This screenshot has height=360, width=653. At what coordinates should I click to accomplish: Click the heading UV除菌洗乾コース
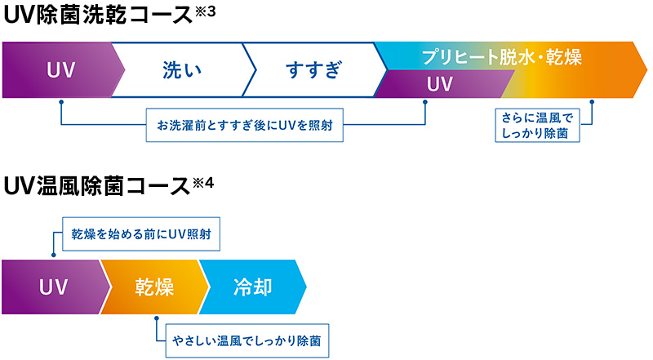(x=98, y=15)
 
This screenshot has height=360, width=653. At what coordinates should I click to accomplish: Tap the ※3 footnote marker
(x=205, y=11)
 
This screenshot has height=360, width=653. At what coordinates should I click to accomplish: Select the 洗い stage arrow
(x=183, y=69)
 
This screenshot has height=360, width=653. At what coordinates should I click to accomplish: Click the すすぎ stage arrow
(x=314, y=69)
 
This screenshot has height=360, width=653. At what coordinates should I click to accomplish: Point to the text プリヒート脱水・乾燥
(x=501, y=56)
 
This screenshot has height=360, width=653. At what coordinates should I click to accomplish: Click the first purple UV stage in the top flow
(x=63, y=69)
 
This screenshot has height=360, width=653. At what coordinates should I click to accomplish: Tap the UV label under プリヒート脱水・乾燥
(x=440, y=84)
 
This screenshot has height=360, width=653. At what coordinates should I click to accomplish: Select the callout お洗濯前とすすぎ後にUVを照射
(x=244, y=125)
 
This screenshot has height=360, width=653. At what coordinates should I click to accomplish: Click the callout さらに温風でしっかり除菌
(x=537, y=126)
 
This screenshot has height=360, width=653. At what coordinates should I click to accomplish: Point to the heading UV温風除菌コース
(x=96, y=186)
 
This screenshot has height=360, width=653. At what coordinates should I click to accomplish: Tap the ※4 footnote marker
(x=203, y=183)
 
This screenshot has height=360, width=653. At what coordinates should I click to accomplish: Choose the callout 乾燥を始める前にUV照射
(x=141, y=233)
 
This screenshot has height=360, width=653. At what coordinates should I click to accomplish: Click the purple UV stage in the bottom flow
(x=56, y=287)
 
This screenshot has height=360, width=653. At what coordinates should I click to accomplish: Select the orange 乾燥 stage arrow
(x=155, y=287)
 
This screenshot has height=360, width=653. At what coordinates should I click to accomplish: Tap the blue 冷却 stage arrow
(x=253, y=287)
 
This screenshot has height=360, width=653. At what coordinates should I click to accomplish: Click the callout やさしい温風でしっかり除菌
(x=247, y=341)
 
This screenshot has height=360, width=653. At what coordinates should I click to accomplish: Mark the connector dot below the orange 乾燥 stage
(x=157, y=318)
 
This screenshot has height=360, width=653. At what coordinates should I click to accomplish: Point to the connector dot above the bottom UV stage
(x=54, y=255)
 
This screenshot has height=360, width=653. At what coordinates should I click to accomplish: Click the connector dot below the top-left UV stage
(x=61, y=102)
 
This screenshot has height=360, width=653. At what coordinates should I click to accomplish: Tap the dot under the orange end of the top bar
(x=592, y=102)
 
